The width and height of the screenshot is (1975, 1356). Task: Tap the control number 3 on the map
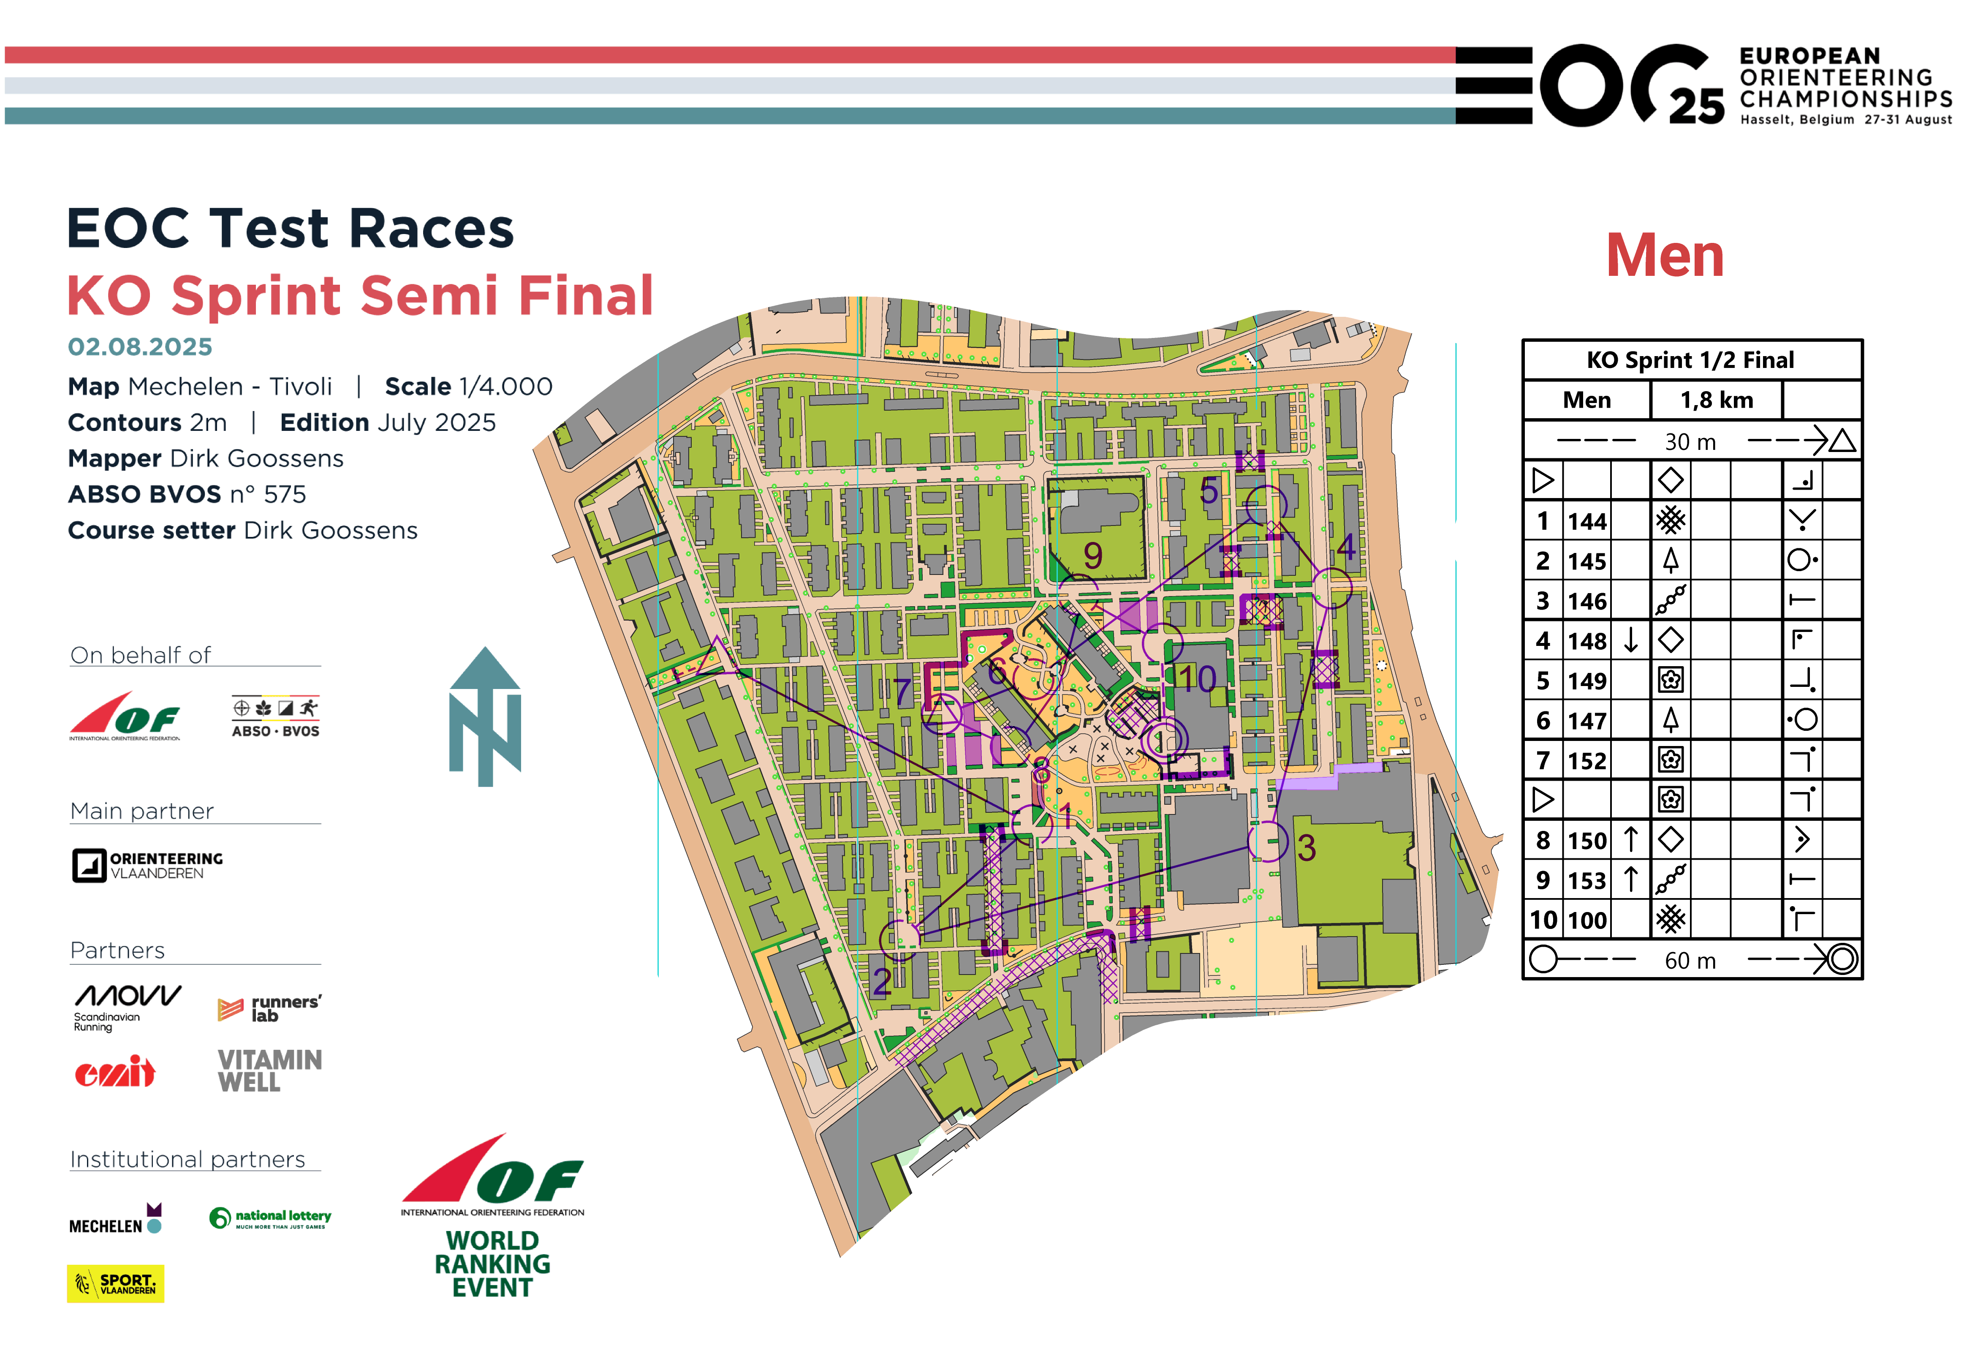(1306, 848)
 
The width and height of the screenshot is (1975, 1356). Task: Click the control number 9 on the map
(1093, 556)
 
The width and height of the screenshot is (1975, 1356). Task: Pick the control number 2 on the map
(882, 982)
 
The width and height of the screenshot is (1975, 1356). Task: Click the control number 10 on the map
(1197, 678)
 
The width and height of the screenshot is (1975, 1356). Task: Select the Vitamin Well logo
(269, 1070)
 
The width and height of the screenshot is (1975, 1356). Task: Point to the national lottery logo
(270, 1217)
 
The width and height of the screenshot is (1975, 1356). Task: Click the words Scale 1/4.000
(468, 387)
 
